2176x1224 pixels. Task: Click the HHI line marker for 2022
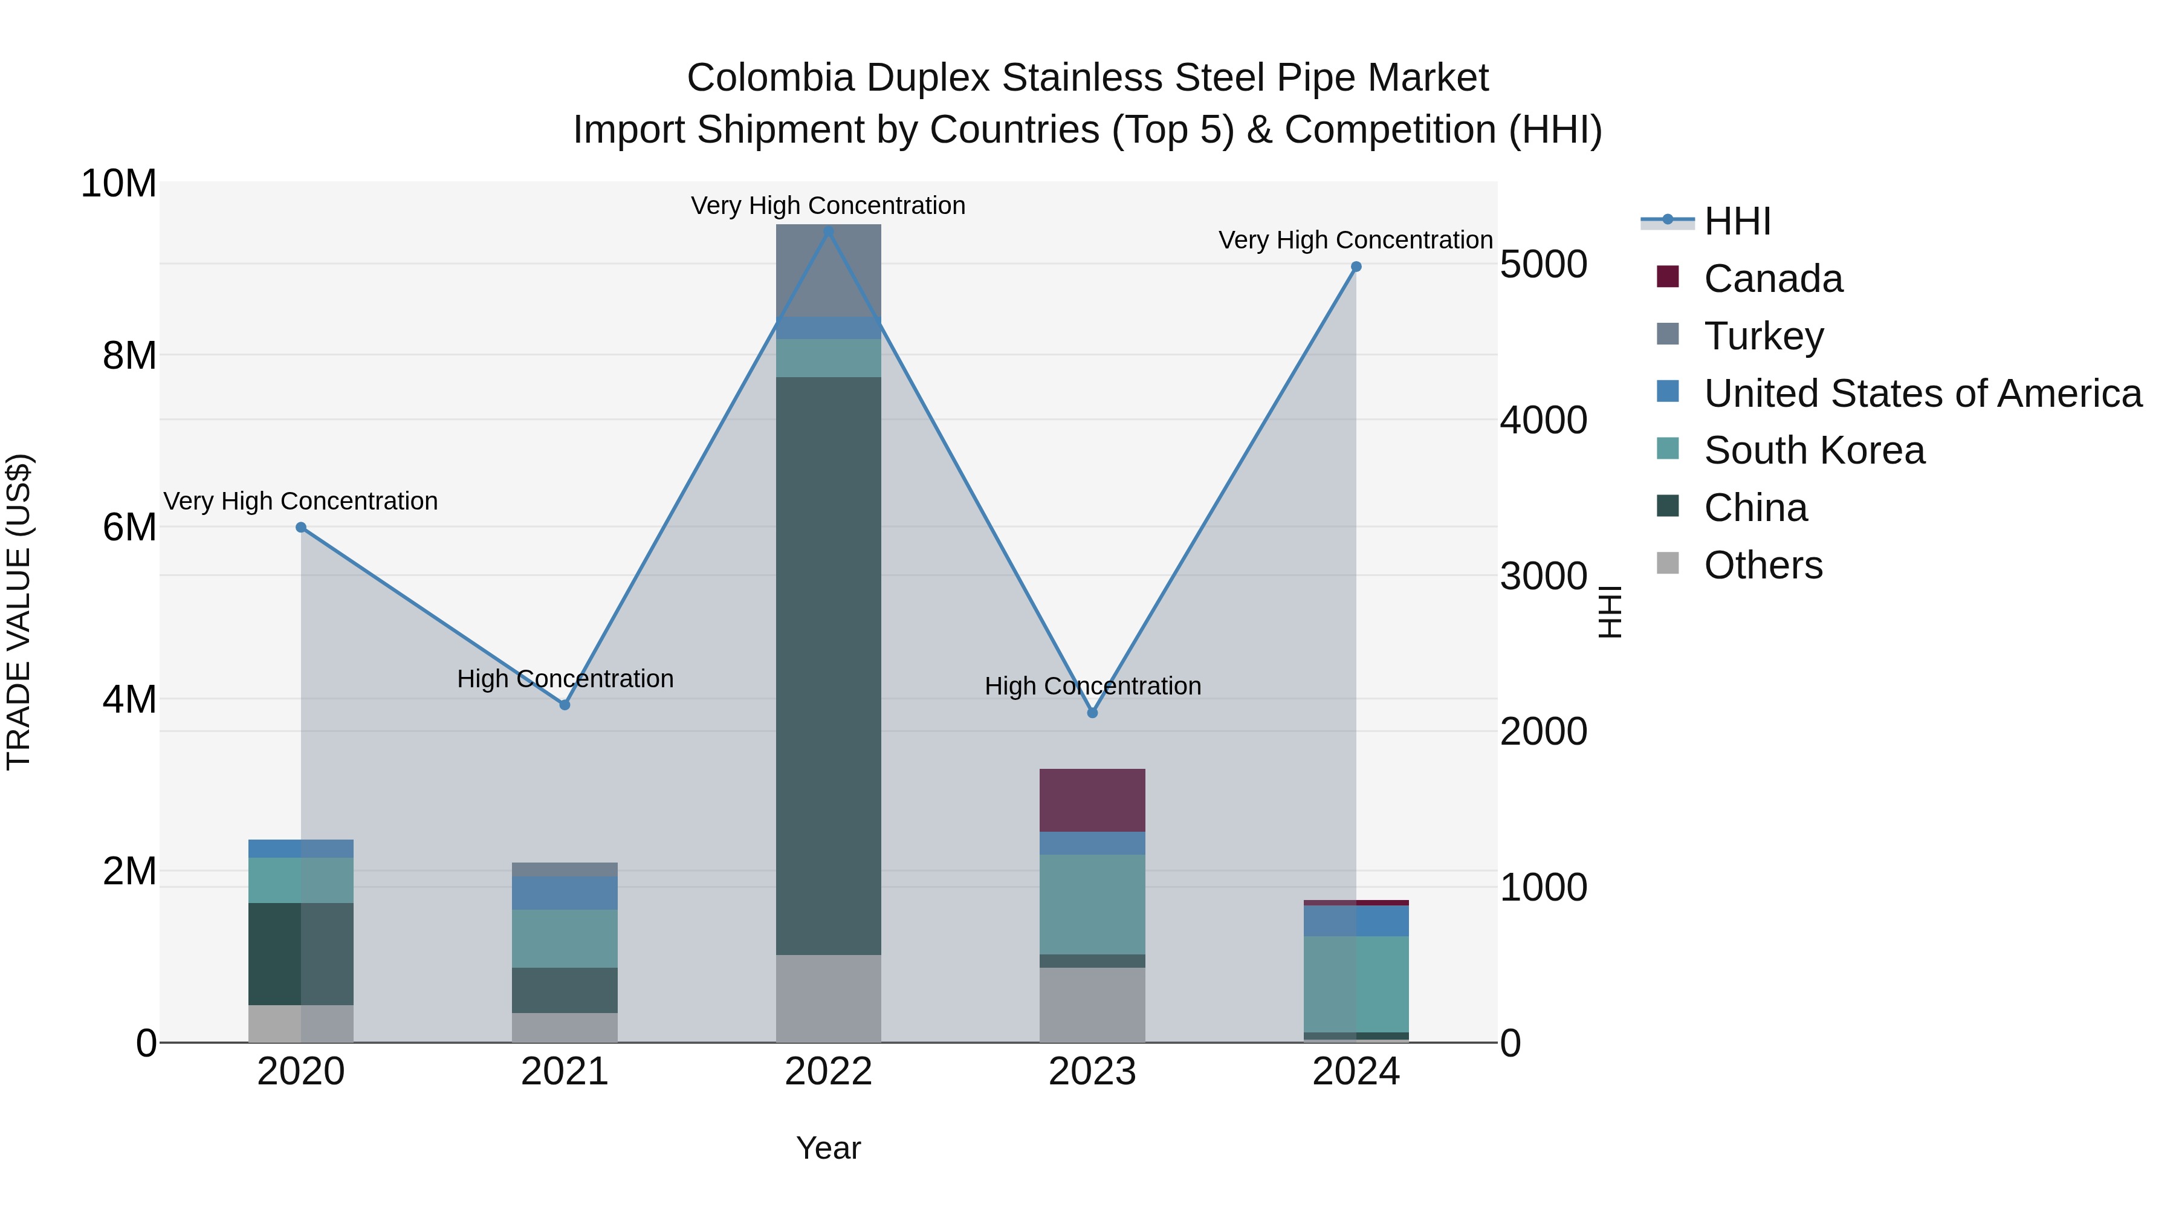tap(828, 231)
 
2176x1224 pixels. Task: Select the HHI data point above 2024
tap(1356, 267)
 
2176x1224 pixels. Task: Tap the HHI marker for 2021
tap(565, 705)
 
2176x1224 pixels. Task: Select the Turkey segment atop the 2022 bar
tap(828, 270)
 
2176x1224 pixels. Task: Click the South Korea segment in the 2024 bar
tap(1356, 983)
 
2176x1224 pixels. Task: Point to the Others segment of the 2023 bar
tap(1092, 1005)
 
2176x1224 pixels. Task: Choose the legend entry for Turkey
tap(1763, 336)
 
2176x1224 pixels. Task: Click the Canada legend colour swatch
tap(1668, 277)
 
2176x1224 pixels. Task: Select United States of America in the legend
tap(1922, 393)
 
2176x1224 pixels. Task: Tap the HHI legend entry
tap(1736, 221)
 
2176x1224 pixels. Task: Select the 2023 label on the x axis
tap(1092, 1072)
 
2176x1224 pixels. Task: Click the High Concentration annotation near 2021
tap(565, 679)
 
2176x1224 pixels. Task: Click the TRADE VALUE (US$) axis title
tap(19, 612)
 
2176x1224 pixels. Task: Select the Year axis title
tap(828, 1148)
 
